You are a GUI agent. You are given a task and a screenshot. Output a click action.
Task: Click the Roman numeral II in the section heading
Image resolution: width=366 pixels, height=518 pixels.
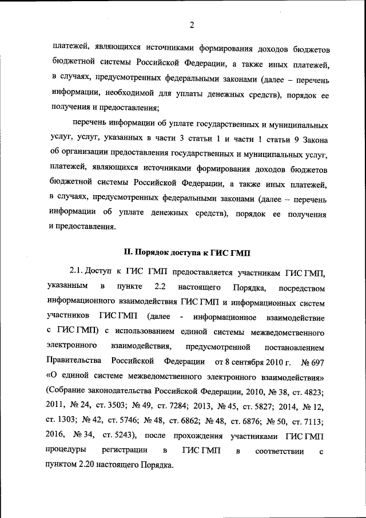pos(128,252)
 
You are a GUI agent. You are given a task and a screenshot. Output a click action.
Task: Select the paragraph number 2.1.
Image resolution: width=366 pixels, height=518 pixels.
pos(77,270)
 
